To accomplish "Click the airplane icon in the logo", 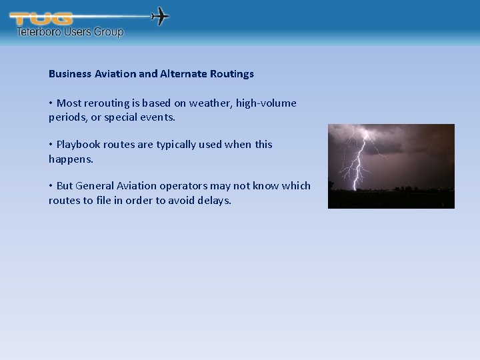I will click(161, 16).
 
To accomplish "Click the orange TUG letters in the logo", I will click(41, 19).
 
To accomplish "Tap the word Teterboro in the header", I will click(39, 31).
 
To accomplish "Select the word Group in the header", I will click(108, 31).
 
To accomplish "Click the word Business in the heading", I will click(70, 74).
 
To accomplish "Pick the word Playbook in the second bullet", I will click(77, 145).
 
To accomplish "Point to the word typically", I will click(180, 145).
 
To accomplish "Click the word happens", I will click(70, 159).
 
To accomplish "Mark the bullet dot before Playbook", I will click(51, 145).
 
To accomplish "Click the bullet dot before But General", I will click(51, 186).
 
